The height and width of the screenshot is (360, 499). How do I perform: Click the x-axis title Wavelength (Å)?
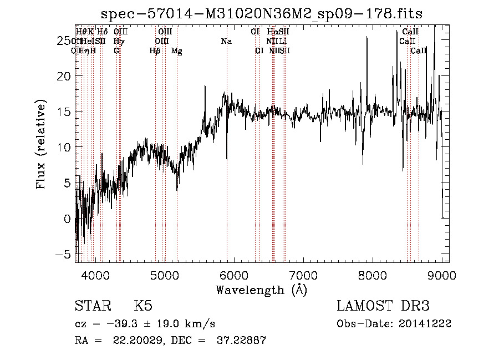click(261, 290)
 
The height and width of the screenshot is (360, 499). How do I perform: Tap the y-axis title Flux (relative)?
click(42, 144)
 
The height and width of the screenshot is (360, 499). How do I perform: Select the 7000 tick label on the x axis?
click(303, 275)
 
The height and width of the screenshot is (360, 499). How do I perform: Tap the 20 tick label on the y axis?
click(65, 76)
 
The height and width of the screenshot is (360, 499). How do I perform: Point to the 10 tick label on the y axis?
click(65, 148)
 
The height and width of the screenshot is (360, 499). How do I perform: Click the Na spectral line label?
click(226, 42)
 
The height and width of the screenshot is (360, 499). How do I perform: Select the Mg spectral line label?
click(177, 51)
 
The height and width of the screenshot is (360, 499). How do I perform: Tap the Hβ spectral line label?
click(155, 51)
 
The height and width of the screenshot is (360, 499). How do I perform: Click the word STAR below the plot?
click(93, 307)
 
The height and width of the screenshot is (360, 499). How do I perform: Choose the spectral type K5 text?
click(143, 307)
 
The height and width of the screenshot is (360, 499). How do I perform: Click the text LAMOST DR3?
click(383, 307)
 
